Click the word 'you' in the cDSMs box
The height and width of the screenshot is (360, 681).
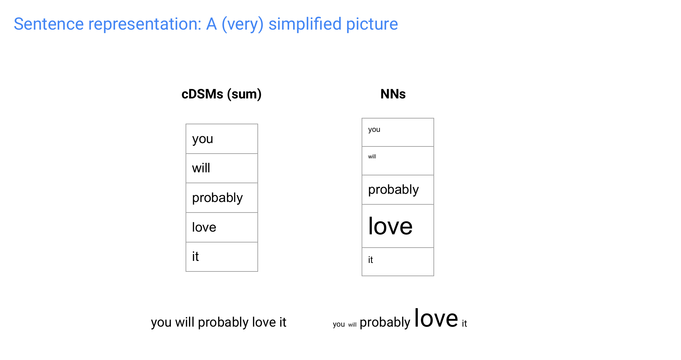coord(203,139)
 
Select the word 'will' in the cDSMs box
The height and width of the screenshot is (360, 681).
coord(201,168)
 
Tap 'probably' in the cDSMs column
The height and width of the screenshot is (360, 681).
coord(217,198)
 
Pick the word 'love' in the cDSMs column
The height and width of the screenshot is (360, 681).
coord(204,227)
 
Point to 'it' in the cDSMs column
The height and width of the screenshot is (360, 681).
coord(195,256)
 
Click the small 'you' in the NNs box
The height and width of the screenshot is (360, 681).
coord(374,130)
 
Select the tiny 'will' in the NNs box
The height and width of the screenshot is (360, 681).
coord(372,157)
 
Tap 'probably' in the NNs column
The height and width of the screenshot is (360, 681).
coord(393,190)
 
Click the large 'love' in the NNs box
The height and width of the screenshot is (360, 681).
coord(390,226)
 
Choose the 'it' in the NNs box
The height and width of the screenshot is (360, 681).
coord(370,260)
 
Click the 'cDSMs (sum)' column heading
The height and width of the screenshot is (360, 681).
coord(221,94)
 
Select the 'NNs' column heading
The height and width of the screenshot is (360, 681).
coord(393,94)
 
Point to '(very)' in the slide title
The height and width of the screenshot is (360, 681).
coord(242,25)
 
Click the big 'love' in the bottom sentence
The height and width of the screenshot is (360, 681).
coord(436,318)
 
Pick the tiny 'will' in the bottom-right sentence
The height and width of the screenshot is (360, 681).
coord(352,325)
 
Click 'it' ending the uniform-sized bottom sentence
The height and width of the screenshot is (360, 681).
coord(283,322)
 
